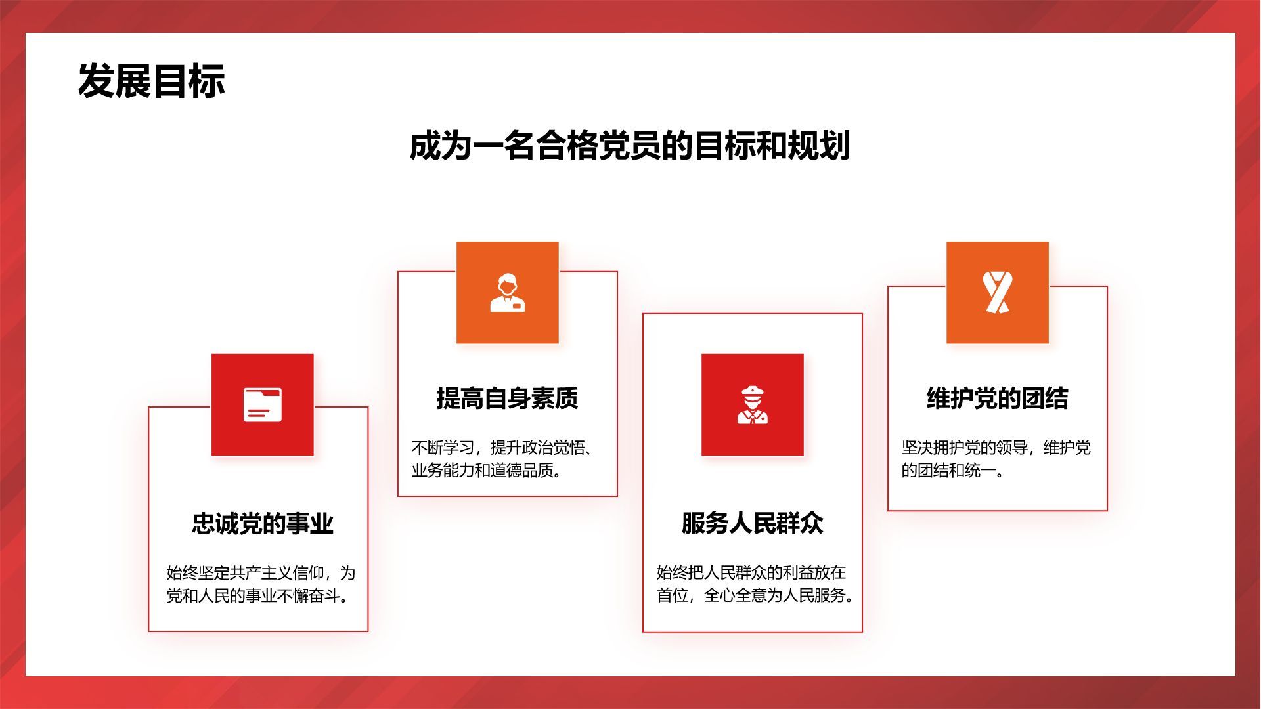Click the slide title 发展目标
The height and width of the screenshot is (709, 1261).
(x=152, y=81)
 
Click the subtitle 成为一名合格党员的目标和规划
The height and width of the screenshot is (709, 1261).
(x=630, y=146)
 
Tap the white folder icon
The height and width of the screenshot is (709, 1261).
(x=263, y=404)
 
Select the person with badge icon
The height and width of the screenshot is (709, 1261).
(x=508, y=293)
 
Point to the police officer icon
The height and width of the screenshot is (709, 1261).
(x=753, y=405)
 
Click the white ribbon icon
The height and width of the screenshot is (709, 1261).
(x=998, y=292)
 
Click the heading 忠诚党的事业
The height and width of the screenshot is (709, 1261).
(x=263, y=523)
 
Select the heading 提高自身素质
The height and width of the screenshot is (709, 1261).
(x=508, y=398)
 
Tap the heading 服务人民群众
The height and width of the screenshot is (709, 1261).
(x=753, y=523)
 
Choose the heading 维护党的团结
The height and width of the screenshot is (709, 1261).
(x=998, y=398)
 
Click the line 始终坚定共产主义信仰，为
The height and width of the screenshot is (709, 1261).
(x=261, y=573)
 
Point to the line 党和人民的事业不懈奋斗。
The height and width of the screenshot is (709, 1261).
(x=257, y=596)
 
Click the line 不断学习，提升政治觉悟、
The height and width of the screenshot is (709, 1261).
(x=502, y=448)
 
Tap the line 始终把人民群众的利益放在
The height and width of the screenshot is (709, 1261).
(x=751, y=572)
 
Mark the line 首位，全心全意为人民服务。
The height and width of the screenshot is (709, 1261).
(x=755, y=595)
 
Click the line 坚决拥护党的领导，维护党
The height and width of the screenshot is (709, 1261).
(x=996, y=448)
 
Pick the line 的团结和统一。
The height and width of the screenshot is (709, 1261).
(x=953, y=471)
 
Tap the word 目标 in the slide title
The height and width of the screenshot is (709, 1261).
(x=189, y=81)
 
